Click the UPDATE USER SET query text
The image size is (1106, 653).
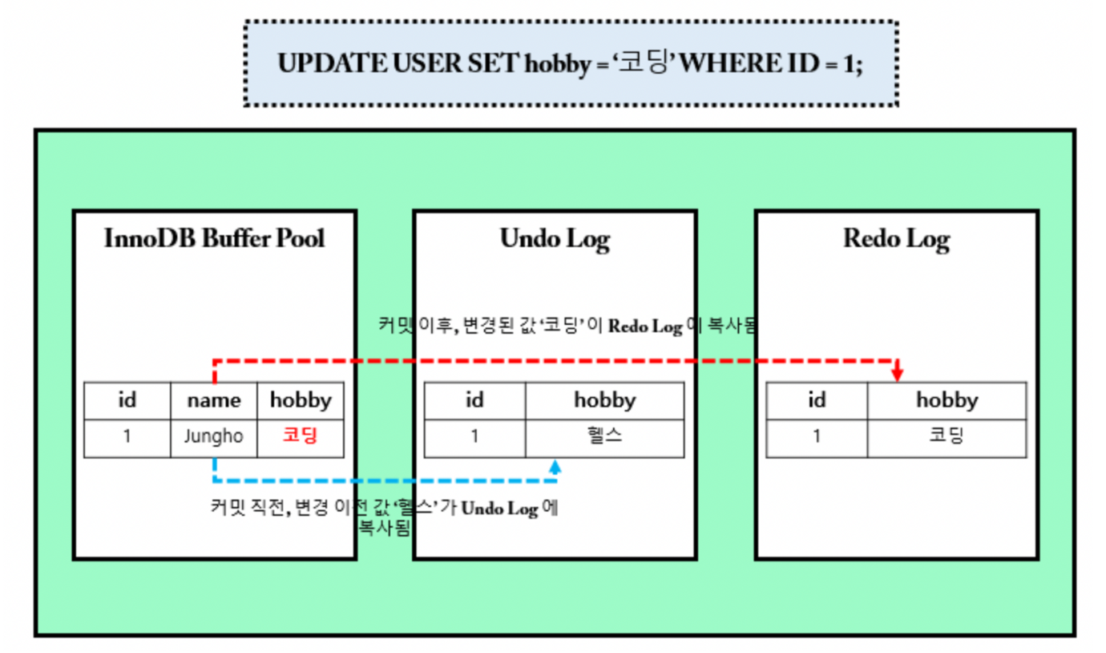click(570, 63)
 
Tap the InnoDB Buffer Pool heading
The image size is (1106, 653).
click(214, 238)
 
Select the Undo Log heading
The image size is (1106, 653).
click(555, 238)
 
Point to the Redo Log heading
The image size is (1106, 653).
click(896, 238)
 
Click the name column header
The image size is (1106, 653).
click(214, 400)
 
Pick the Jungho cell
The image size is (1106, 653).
click(214, 437)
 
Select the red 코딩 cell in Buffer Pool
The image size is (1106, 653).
click(300, 437)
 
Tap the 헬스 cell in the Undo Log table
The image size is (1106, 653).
click(604, 437)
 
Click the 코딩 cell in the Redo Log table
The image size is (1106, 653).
click(947, 437)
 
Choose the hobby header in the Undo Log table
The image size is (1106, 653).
click(604, 400)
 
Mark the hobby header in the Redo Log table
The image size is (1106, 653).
click(947, 400)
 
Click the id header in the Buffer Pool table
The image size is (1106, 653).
click(127, 400)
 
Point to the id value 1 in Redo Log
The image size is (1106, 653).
click(817, 437)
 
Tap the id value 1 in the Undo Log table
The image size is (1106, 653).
click(474, 437)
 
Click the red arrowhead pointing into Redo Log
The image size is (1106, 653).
click(897, 374)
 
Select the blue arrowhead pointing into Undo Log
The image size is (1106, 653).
click(556, 466)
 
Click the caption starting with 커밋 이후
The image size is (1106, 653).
click(567, 326)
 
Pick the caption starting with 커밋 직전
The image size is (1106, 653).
click(384, 517)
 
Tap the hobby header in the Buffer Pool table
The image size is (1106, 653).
click(300, 400)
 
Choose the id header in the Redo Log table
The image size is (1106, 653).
click(817, 400)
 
